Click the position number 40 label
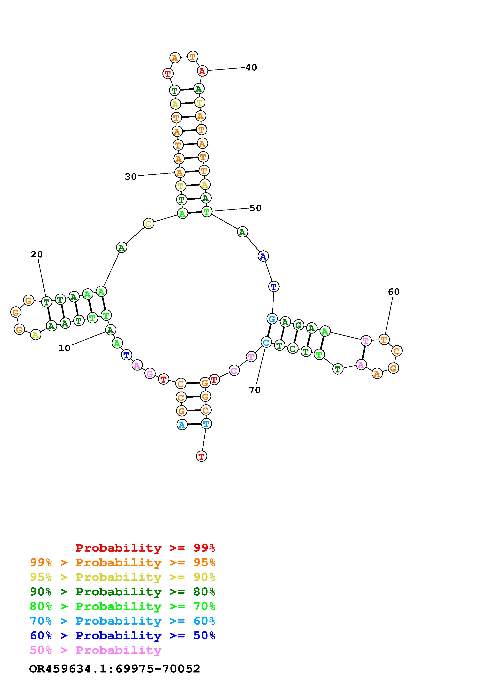(251, 68)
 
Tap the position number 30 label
(131, 177)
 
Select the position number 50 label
(255, 208)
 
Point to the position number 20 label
(37, 254)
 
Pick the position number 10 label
(64, 348)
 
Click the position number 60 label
(394, 292)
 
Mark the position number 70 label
(254, 390)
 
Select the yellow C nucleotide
(148, 223)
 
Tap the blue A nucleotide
(263, 256)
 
